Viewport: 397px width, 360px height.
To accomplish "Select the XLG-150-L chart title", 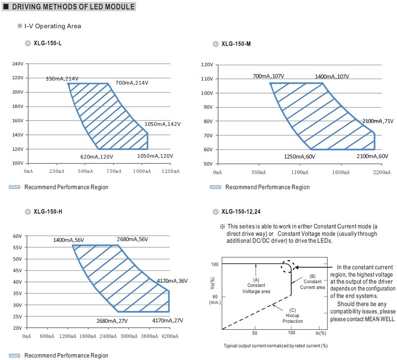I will coord(47,43).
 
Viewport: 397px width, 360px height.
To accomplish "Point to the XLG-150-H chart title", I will coord(47,212).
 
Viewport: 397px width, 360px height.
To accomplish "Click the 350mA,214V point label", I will coord(62,78).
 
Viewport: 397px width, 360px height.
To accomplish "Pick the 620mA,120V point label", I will coord(97,156).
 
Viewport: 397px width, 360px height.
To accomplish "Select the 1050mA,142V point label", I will coord(163,124).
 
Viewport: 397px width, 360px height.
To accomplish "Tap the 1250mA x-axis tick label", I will coord(171,171).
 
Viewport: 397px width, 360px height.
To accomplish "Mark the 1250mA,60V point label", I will coord(299,157).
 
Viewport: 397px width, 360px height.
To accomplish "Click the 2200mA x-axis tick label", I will coord(382,172).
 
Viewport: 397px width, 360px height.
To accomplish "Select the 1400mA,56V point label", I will coord(68,240).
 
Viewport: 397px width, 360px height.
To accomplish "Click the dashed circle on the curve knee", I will coord(288,267).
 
